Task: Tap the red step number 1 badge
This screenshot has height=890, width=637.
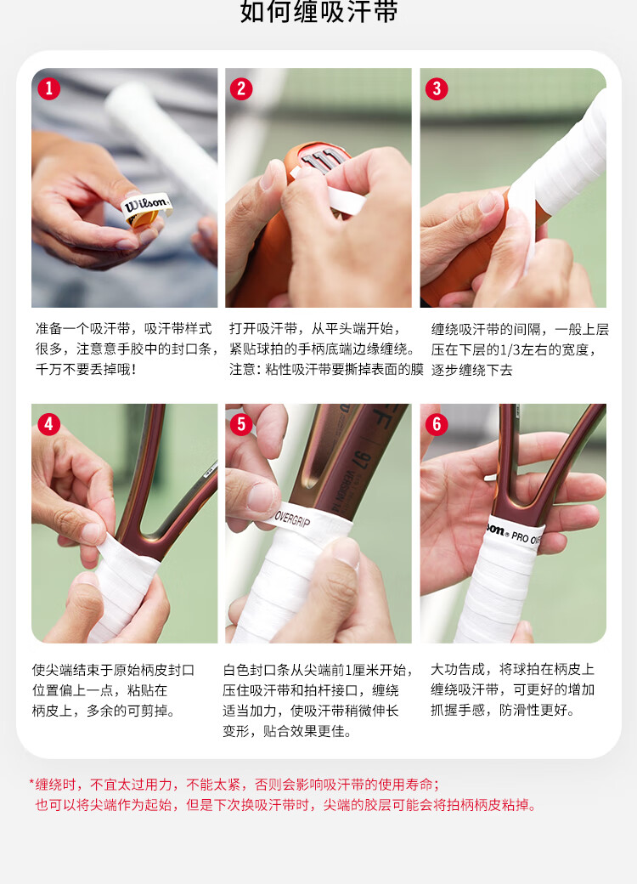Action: point(48,88)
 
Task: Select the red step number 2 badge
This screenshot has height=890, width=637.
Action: point(241,88)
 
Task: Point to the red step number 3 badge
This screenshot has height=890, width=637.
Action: point(437,88)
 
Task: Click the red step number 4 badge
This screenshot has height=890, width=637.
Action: point(48,424)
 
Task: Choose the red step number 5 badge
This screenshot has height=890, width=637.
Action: point(241,424)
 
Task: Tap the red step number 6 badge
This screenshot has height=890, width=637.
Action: point(437,424)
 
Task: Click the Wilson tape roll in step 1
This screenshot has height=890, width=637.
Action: point(146,208)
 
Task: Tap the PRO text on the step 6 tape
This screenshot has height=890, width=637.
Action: point(520,536)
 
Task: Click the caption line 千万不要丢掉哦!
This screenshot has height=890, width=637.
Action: point(86,370)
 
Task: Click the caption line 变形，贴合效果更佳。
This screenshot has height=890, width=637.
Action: point(288,731)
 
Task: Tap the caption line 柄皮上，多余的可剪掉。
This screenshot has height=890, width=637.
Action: point(104,711)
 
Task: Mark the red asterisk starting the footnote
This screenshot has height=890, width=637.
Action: point(31,783)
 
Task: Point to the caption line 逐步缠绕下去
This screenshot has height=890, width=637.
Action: point(471,370)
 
